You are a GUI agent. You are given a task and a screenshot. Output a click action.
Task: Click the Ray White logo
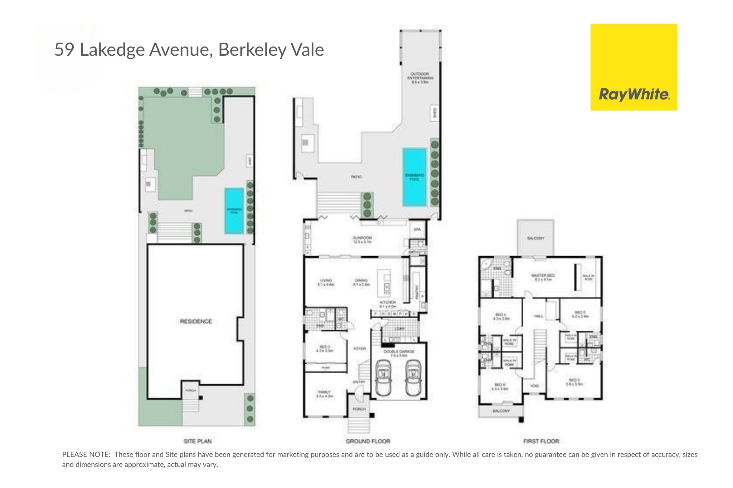pos(634,67)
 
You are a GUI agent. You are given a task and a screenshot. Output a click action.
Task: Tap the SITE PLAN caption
pos(198,441)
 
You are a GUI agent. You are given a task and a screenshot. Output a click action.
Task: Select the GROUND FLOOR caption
pos(368,441)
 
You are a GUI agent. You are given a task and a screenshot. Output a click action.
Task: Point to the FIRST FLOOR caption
pos(541,441)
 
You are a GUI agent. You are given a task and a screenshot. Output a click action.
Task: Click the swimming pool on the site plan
pos(234,211)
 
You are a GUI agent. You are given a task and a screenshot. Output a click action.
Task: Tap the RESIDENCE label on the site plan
pos(196,321)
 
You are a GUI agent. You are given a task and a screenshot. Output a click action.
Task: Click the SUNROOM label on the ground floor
pos(362,238)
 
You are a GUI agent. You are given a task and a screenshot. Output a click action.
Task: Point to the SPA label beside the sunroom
pos(417,230)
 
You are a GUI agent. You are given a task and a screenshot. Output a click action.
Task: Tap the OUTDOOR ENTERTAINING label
pos(420,76)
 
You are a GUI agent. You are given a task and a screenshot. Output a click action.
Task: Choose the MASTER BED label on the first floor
pos(543,276)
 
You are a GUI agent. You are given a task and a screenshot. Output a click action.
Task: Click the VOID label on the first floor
pos(534,386)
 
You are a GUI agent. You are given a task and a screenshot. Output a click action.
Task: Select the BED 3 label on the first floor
pos(574,380)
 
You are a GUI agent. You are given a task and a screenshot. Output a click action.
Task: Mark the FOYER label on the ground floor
pos(359,349)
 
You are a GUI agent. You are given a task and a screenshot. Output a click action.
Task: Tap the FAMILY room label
pos(324,392)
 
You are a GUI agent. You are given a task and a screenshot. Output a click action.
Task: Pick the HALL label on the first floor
pos(538,316)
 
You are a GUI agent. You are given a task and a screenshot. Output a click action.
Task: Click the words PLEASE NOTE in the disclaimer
pos(86,455)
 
